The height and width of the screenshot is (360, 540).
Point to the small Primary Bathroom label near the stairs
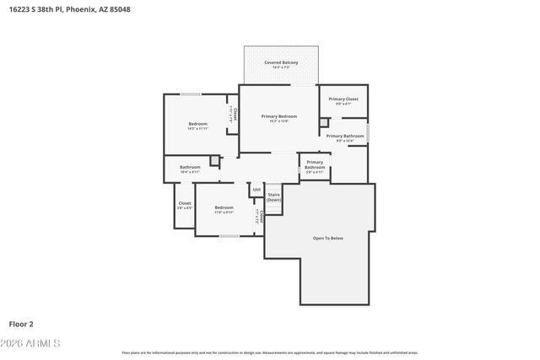315,164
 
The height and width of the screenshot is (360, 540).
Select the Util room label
256,190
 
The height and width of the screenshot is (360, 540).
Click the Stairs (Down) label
273,197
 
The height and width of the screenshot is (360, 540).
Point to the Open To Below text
328,238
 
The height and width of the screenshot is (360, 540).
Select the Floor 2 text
20,323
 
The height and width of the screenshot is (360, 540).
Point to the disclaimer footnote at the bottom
270,352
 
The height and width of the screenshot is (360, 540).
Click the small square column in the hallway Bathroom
214,159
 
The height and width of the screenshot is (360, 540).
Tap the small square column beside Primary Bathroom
323,122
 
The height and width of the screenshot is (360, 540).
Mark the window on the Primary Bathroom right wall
368,132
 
